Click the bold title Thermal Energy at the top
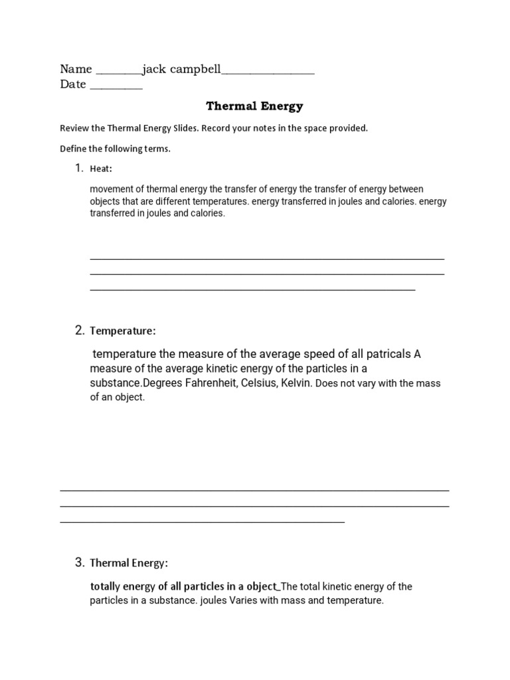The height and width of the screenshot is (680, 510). pos(254,106)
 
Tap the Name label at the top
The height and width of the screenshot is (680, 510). pos(76,69)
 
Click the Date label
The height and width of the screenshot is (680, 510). pos(73,84)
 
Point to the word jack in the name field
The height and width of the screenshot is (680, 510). pos(154,69)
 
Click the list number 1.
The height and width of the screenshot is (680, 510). pos(78,168)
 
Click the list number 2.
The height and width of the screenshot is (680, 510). pos(79,330)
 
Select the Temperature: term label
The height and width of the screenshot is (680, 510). pos(123,331)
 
